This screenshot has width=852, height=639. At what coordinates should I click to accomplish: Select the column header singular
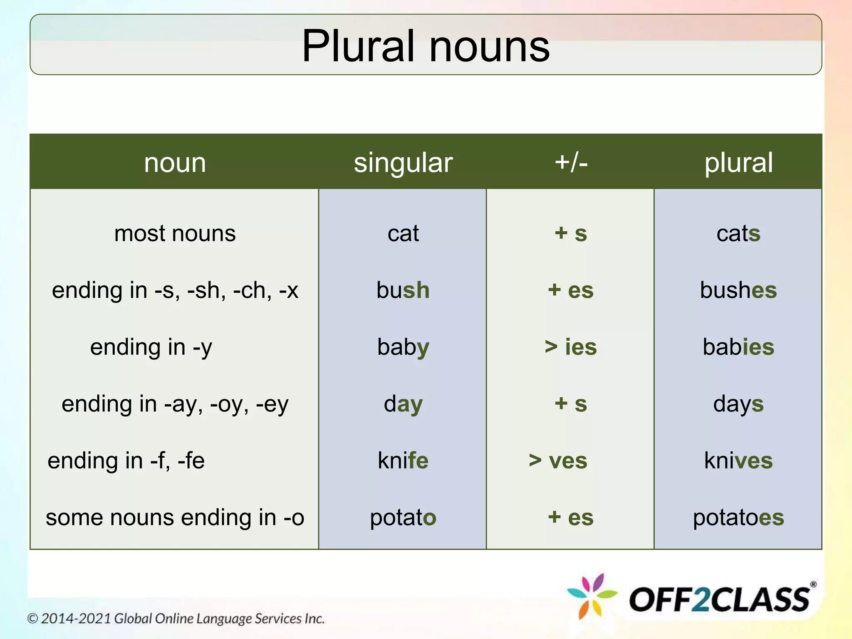pos(403,162)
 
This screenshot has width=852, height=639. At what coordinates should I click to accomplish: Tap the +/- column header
pos(571,162)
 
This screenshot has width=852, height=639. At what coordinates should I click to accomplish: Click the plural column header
pos(738,162)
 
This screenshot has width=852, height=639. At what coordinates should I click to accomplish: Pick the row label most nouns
pos(175,233)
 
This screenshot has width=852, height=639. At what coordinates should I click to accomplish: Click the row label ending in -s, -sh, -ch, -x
pos(175,290)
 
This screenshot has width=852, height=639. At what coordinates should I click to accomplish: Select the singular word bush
pos(403,290)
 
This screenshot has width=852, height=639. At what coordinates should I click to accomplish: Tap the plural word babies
pos(738,347)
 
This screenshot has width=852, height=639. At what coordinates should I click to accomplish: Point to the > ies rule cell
pos(571,347)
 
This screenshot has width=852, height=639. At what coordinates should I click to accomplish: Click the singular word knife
pos(403,461)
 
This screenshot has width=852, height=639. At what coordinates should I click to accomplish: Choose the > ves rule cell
pos(558,461)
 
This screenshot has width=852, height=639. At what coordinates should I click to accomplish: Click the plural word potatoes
pos(738,518)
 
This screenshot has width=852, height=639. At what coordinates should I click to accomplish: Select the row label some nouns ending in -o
pos(175,518)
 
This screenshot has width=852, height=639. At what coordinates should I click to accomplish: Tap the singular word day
pos(403,404)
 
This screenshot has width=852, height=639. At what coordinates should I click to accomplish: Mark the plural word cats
pos(738,233)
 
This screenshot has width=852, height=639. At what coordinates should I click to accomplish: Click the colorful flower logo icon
pos(592,596)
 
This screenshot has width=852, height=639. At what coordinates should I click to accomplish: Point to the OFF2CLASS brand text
pos(720,599)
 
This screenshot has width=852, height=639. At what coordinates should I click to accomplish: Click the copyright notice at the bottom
pos(176,619)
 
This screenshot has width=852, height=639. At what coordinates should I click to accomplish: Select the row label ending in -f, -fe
pos(126,461)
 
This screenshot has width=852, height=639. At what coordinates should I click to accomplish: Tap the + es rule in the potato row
pos(571,518)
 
